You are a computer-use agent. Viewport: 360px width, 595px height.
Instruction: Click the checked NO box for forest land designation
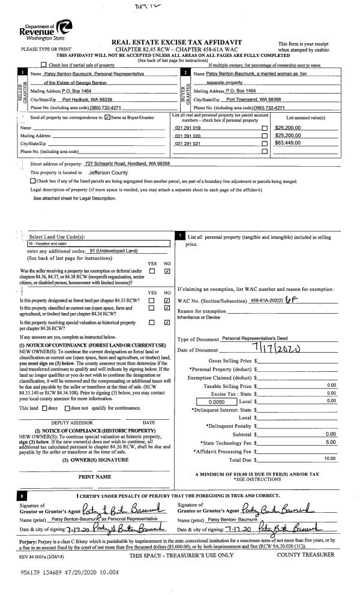click(x=167, y=299)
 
